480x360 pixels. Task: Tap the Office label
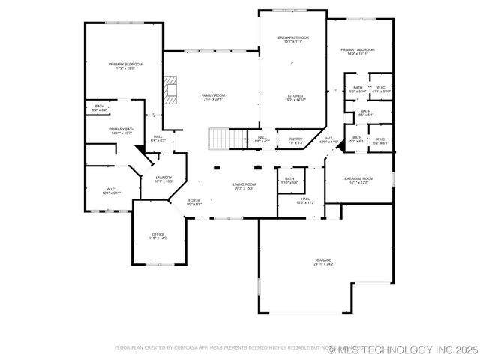158,234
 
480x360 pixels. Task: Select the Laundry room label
163,177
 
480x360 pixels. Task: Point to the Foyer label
193,200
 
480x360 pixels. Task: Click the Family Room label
213,95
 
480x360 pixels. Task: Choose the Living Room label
244,184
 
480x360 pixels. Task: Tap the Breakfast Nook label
293,37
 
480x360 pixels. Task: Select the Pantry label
295,139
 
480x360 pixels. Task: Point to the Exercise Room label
358,178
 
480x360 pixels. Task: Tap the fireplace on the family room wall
172,88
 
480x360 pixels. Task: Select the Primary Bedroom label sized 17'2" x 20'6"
125,64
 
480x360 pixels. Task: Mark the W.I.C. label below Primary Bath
110,189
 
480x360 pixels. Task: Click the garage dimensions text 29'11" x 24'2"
324,264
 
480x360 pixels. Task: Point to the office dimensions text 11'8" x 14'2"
158,238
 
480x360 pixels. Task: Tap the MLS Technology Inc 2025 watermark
403,349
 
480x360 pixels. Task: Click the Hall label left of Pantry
262,138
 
